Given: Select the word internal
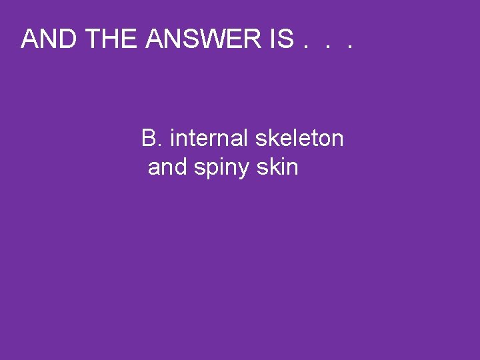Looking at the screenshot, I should tap(209, 139).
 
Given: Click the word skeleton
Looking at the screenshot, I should tap(299, 139).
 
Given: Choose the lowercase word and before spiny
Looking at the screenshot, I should tap(168, 167).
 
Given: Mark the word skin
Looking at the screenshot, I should tap(277, 167).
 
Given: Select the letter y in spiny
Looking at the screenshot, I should tap(244, 170).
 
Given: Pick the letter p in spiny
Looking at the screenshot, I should tap(212, 170).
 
